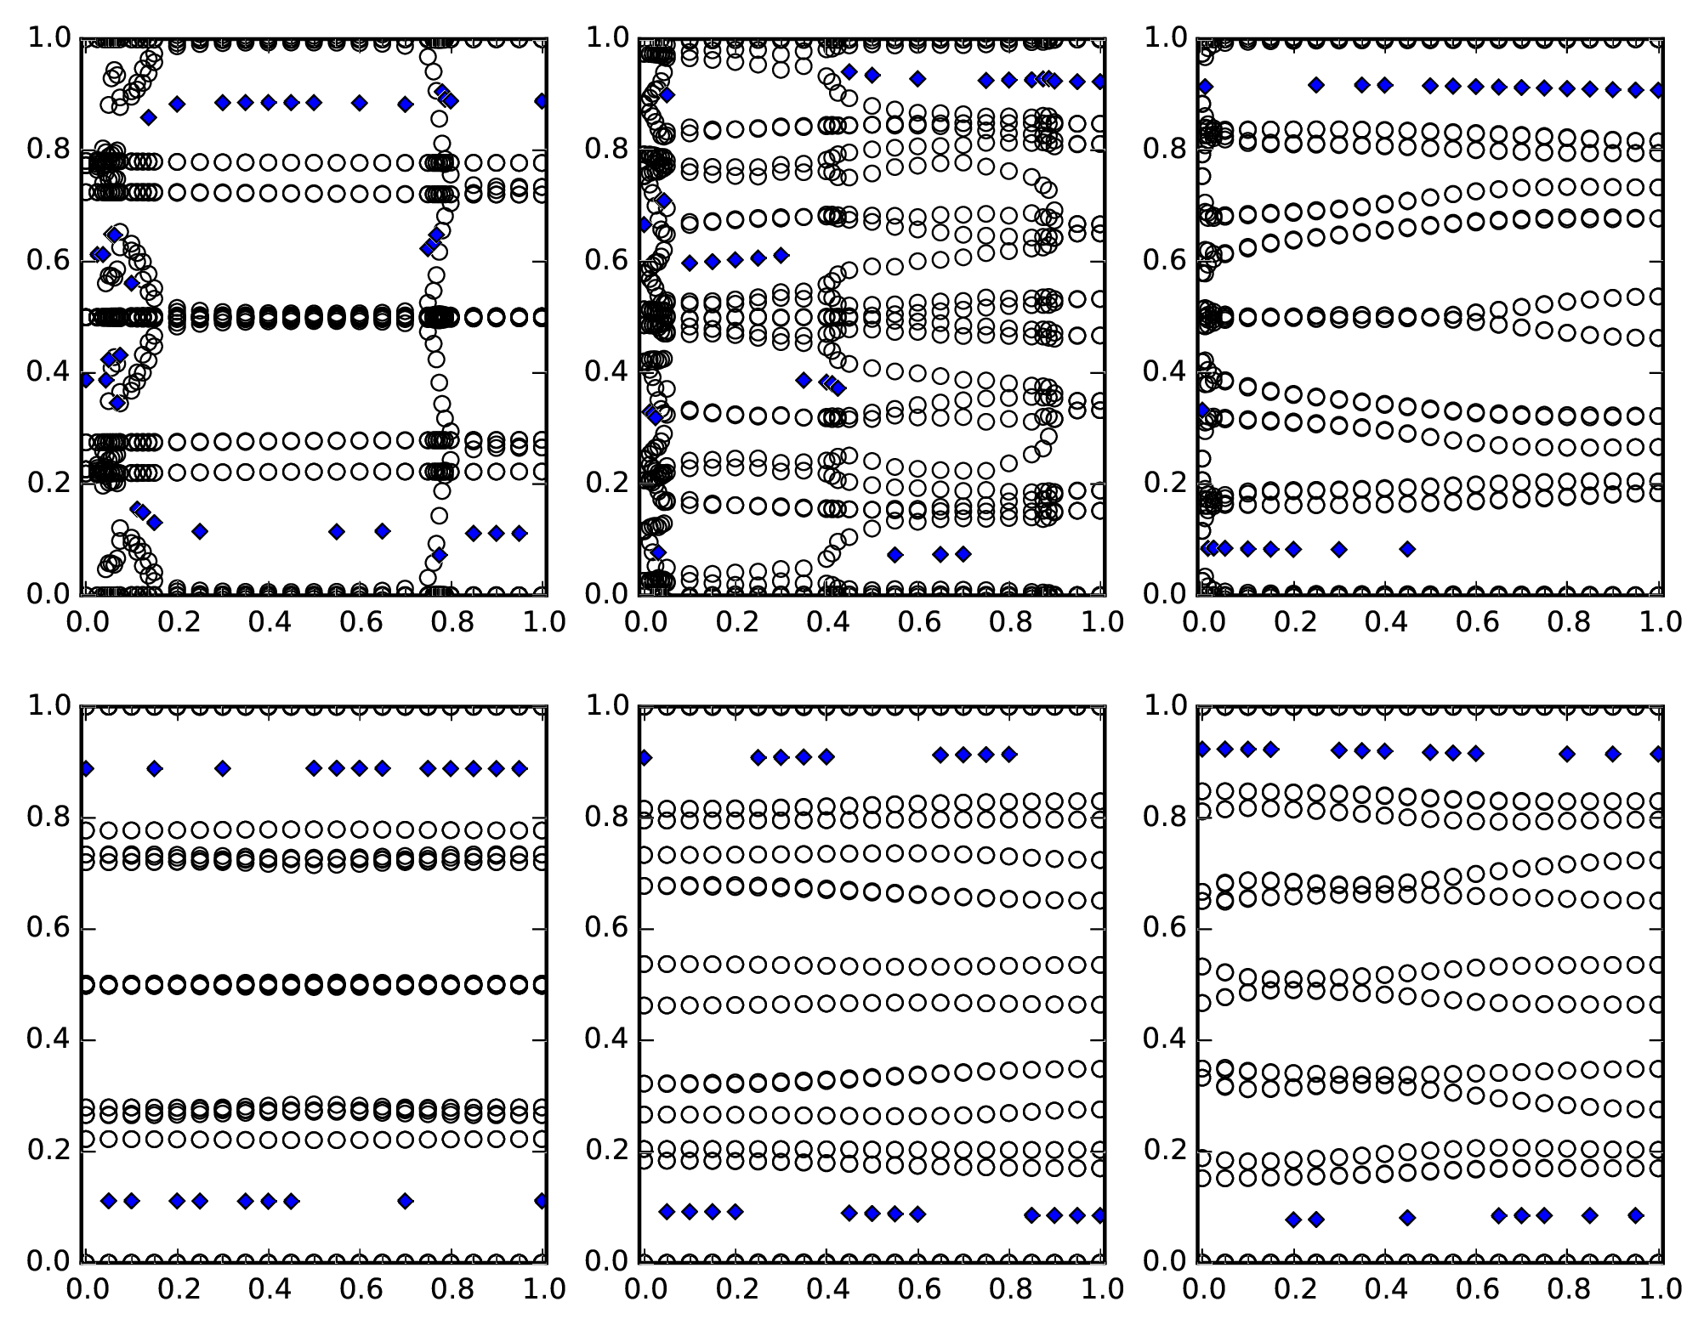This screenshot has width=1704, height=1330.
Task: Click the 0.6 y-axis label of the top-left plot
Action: tap(48, 261)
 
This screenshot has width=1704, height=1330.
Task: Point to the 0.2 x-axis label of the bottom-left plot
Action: tap(177, 1289)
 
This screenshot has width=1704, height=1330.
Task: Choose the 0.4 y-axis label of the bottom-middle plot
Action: tap(605, 1040)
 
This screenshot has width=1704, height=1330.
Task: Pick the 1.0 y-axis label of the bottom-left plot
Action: tap(48, 706)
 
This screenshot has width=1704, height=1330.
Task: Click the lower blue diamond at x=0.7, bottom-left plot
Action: tap(406, 1201)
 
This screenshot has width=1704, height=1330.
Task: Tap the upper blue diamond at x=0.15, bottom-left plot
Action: tap(154, 768)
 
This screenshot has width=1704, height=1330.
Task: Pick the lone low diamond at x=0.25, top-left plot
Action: tap(200, 531)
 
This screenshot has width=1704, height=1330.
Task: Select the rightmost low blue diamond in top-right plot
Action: tap(1407, 549)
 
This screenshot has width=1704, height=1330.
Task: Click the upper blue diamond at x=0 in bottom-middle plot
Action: tap(645, 757)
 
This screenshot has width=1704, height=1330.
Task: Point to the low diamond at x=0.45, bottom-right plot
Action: tap(1407, 1218)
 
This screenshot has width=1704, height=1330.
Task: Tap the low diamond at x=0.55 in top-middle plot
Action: tap(895, 555)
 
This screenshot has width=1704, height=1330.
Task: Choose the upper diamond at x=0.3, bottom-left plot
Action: tap(223, 768)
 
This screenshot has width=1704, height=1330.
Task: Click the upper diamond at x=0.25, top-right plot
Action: tap(1316, 84)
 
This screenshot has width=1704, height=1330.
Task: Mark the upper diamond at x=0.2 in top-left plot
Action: tap(177, 104)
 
